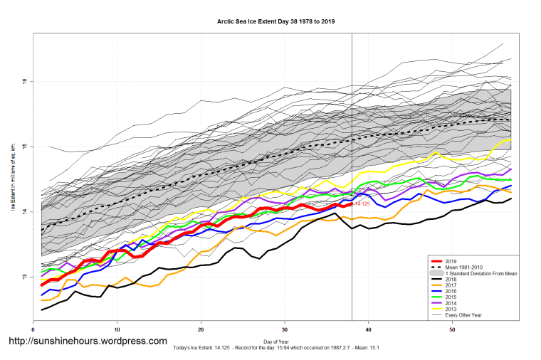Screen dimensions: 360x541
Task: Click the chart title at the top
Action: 275,21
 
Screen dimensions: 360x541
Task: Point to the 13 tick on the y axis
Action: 24,277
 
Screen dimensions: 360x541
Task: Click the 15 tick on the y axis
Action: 24,147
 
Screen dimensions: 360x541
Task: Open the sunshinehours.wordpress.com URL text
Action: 87,342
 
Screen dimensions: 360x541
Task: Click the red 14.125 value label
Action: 361,204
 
